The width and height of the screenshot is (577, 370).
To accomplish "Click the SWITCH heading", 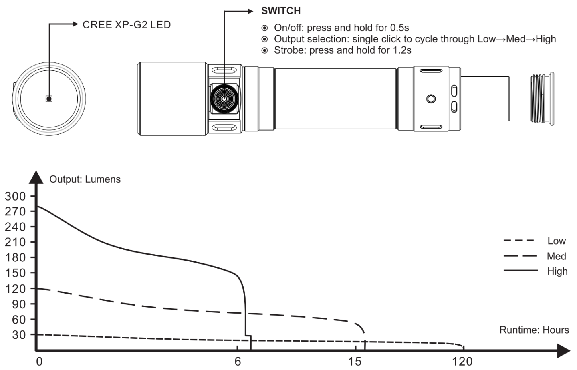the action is [x=281, y=11].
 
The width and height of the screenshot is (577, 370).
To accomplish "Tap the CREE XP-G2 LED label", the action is [x=127, y=25].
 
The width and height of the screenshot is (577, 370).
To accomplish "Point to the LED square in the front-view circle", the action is [x=49, y=99].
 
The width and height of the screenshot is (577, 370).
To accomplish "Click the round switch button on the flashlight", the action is [x=224, y=99].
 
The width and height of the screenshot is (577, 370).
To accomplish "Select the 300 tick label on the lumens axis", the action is [x=16, y=197].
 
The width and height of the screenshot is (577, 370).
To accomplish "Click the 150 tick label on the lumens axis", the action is [x=16, y=273].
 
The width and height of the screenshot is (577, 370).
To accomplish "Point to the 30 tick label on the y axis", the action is [x=19, y=335].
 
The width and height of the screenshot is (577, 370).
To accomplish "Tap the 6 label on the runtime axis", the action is [x=238, y=362].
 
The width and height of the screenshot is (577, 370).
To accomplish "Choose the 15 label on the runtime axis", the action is [x=355, y=362].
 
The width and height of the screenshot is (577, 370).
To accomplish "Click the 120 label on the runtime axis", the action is [x=462, y=362].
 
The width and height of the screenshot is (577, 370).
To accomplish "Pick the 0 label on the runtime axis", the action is [x=39, y=362].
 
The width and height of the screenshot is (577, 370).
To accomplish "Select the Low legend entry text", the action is [x=557, y=241].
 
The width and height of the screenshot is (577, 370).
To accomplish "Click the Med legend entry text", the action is [x=557, y=256].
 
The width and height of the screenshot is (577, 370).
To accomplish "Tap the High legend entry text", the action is [x=557, y=271].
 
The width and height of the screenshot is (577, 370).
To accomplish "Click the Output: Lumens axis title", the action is [x=85, y=179].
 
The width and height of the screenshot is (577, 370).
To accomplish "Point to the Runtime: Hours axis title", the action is [x=534, y=330].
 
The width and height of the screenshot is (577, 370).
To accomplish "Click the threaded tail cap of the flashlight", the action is [x=542, y=99].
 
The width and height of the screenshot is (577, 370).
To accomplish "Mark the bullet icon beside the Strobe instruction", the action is [x=264, y=50].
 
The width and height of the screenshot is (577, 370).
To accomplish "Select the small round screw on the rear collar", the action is [x=431, y=99].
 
